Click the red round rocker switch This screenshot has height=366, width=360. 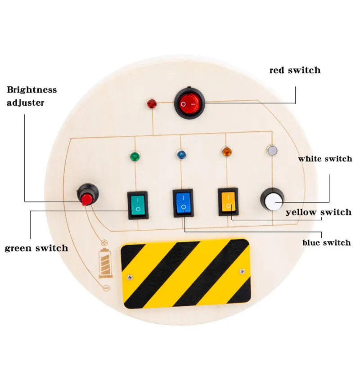pyautogui.click(x=189, y=104)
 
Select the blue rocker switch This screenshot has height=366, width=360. pyautogui.click(x=183, y=203)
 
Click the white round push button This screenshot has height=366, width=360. pyautogui.click(x=273, y=201)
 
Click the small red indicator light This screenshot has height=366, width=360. pyautogui.click(x=152, y=104)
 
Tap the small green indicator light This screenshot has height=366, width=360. pyautogui.click(x=134, y=156)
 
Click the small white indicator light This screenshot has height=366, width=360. pyautogui.click(x=272, y=150)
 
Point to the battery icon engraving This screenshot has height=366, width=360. pyautogui.click(x=106, y=263)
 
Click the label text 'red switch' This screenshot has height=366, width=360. pyautogui.click(x=295, y=70)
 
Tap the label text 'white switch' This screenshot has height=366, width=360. pyautogui.click(x=325, y=159)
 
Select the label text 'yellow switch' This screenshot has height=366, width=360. pyautogui.click(x=319, y=212)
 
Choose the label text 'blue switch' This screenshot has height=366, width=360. pyautogui.click(x=326, y=243)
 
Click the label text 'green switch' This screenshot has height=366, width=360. pyautogui.click(x=36, y=248)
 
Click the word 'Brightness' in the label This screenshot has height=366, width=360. pyautogui.click(x=31, y=89)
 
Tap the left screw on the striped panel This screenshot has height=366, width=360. pyautogui.click(x=130, y=277)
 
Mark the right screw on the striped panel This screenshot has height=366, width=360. pyautogui.click(x=242, y=271)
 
